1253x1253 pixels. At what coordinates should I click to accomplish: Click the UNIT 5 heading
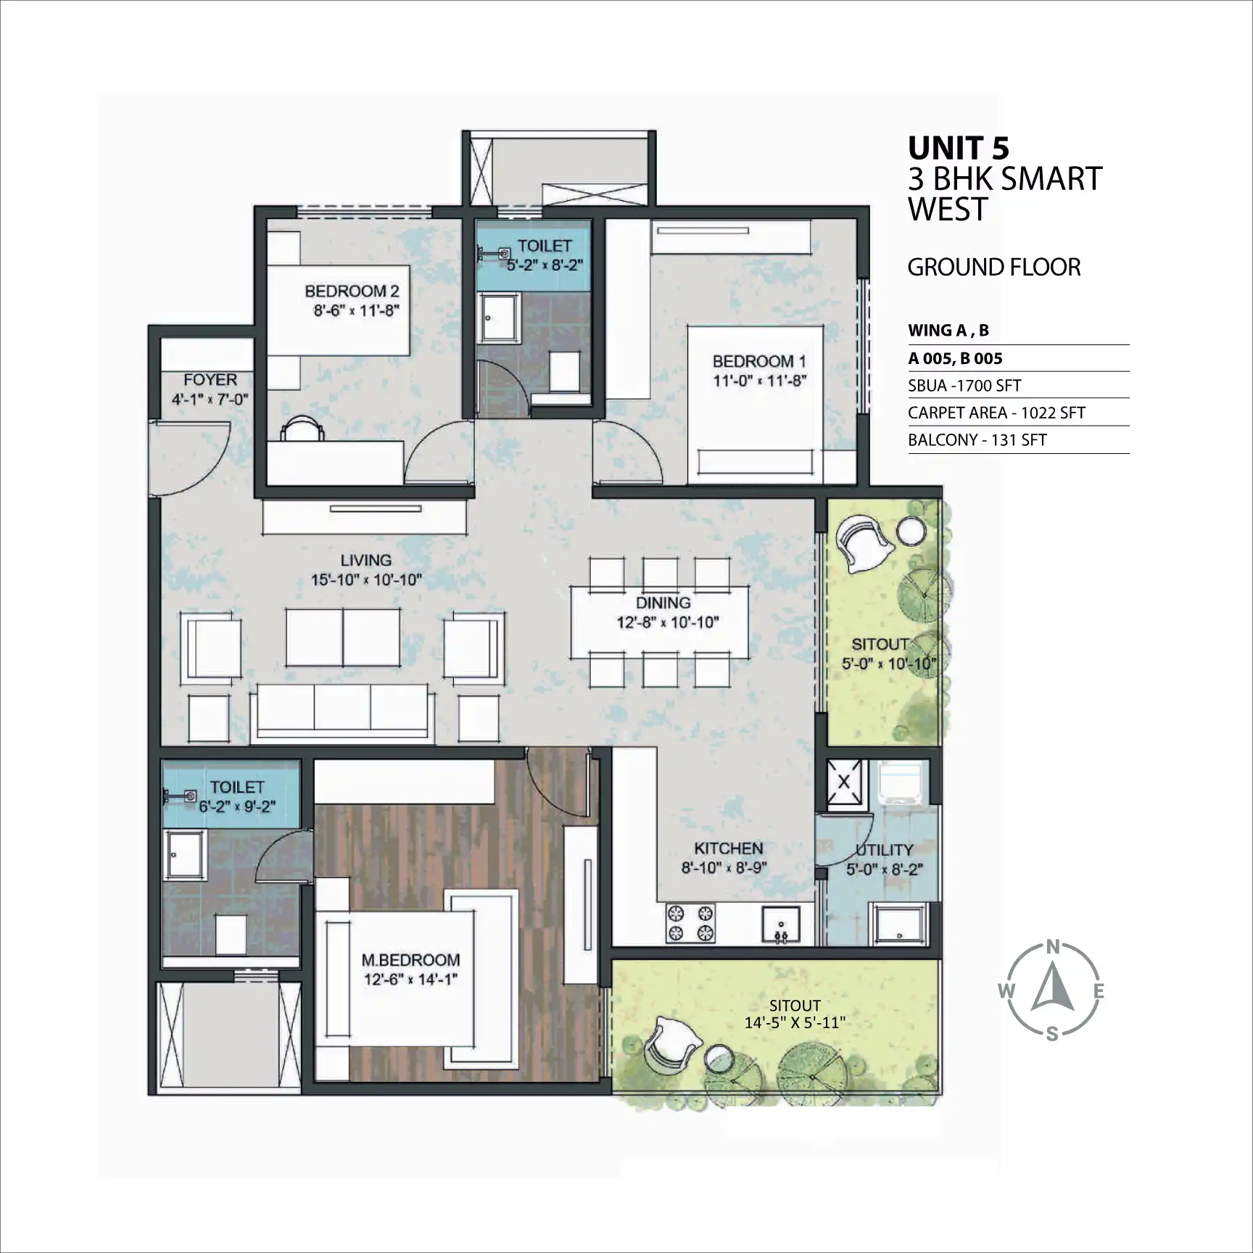[958, 148]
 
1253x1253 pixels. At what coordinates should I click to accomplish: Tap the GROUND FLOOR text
[994, 268]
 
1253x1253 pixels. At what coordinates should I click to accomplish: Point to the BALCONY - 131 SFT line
[977, 439]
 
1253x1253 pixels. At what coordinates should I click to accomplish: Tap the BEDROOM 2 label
[352, 291]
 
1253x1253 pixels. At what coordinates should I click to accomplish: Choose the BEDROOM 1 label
[759, 361]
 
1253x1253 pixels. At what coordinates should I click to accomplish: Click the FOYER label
[210, 379]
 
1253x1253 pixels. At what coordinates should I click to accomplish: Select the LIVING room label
[366, 560]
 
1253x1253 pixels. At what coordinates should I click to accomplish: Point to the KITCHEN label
[728, 848]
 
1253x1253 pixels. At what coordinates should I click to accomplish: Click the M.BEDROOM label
[410, 959]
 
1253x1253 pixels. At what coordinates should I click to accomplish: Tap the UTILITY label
[884, 849]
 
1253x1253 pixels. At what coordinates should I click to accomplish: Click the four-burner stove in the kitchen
[691, 922]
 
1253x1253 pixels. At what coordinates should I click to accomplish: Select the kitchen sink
[781, 925]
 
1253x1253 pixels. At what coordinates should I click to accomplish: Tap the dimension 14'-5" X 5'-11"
[795, 1022]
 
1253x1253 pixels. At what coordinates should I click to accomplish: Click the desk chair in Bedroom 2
[302, 428]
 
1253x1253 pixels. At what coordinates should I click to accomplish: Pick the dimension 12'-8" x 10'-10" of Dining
[667, 621]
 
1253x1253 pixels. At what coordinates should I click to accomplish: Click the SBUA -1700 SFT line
[964, 386]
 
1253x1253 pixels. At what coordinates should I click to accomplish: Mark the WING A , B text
[948, 331]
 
